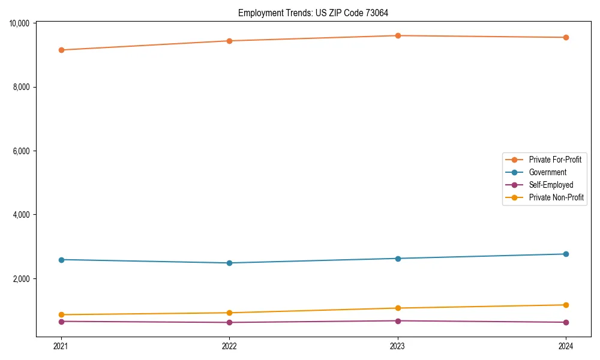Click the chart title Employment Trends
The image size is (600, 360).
(x=313, y=13)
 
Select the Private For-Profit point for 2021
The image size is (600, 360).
(x=61, y=50)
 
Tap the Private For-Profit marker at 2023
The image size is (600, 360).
(x=398, y=35)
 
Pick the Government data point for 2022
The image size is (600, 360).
(x=229, y=263)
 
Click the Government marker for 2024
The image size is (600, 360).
(x=566, y=254)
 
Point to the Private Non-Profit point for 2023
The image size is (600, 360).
(x=398, y=308)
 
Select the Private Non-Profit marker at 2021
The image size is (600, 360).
(x=61, y=314)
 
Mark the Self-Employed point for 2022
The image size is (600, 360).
(x=229, y=322)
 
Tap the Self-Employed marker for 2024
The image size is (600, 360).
(x=566, y=322)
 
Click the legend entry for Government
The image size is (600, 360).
(x=547, y=172)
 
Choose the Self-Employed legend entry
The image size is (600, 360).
(x=551, y=185)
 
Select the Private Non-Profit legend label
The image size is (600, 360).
(x=556, y=197)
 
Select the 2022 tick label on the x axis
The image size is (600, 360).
(x=229, y=346)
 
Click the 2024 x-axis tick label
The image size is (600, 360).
(x=566, y=346)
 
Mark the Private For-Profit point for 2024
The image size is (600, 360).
(x=566, y=37)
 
